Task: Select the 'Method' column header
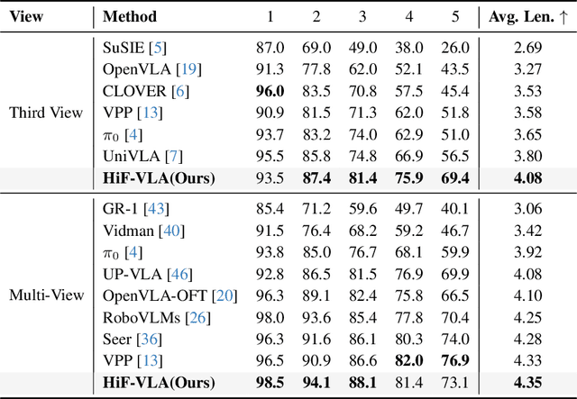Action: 130,16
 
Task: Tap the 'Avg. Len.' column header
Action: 527,16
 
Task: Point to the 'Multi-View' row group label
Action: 45,295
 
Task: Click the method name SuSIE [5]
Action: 135,47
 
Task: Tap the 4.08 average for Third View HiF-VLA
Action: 527,178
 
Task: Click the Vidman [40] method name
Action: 142,230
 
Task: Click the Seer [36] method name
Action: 133,339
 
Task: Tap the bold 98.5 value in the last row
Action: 271,383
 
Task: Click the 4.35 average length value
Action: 527,383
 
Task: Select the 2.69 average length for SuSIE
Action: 527,47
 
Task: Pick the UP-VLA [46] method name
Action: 146,274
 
